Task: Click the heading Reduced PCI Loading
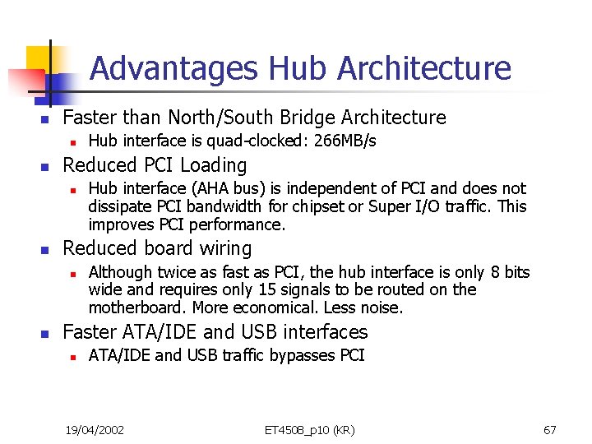pyautogui.click(x=155, y=165)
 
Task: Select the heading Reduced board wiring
pyautogui.click(x=157, y=248)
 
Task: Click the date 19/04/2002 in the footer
pyautogui.click(x=95, y=430)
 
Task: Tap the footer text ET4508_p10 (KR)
pyautogui.click(x=310, y=430)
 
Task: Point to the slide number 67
pyautogui.click(x=550, y=430)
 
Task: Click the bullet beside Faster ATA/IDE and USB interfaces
pyautogui.click(x=47, y=333)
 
